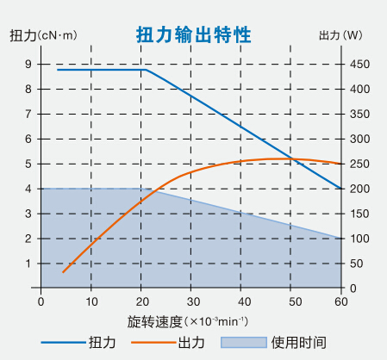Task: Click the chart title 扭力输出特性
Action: point(194,34)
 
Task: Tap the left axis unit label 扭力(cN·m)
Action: point(43,35)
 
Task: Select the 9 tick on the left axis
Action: point(28,65)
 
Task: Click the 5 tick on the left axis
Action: point(28,164)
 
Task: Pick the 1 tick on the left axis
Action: point(28,264)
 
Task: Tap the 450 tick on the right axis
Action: point(359,65)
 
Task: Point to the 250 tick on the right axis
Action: point(359,164)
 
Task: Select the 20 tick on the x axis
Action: point(142,301)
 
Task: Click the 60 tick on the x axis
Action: point(341,301)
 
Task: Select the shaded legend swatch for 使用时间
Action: point(242,343)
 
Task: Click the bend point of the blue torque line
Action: point(146,70)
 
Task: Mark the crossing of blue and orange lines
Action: point(294,159)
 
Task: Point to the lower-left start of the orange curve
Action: point(62,272)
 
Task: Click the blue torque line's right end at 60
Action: point(341,188)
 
